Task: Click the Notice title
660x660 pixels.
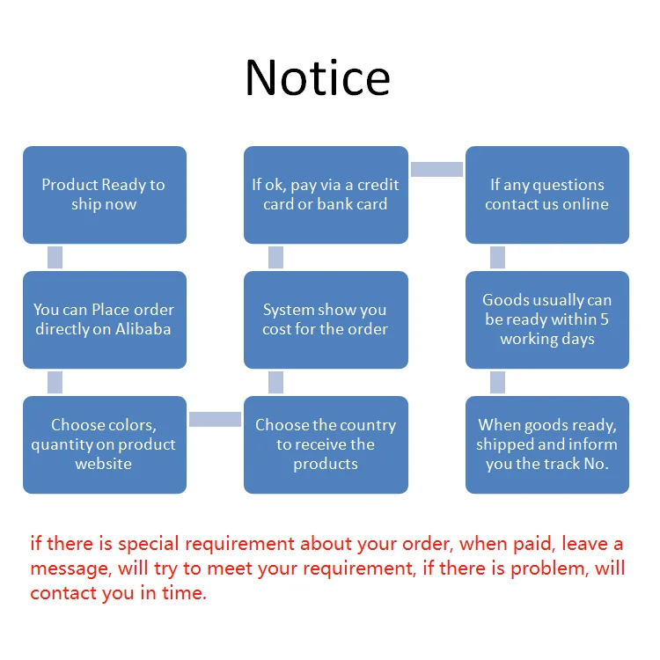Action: coord(318,77)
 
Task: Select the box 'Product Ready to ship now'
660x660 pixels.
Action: coord(104,194)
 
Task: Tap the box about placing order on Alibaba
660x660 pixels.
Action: coord(104,319)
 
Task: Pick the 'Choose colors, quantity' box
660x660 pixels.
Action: coord(104,444)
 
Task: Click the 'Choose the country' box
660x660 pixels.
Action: coord(326,444)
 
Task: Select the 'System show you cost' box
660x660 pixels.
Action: coord(326,319)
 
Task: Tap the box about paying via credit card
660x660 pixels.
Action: coord(326,194)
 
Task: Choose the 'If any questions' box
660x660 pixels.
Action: coord(547,194)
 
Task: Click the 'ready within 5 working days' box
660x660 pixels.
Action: coord(547,319)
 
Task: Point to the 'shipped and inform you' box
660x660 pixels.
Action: coord(547,444)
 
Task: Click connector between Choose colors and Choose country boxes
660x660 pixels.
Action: coord(215,420)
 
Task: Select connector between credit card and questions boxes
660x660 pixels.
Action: coord(436,170)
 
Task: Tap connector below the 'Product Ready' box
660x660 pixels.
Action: coord(55,257)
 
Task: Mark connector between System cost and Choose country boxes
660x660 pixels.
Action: coord(275,382)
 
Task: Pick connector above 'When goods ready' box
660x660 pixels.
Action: coord(497,382)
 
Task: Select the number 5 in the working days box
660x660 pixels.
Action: coord(604,319)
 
